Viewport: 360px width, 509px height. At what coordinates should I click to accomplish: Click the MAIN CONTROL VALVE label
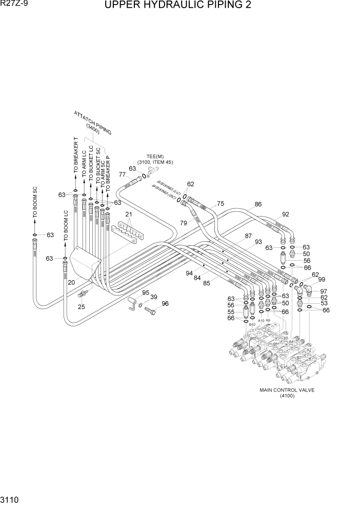coord(287,390)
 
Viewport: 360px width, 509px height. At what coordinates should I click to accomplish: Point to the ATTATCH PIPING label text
coord(93,123)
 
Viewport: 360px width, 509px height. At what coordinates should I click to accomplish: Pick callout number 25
coord(81,307)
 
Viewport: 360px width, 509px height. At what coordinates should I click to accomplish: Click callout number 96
coord(165,303)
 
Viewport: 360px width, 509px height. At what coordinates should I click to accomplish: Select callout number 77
coord(122,174)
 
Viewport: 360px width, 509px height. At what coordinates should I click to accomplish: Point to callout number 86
coord(258,204)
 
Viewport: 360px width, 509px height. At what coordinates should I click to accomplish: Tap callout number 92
coord(286,214)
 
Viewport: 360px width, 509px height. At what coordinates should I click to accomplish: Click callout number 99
coord(322,279)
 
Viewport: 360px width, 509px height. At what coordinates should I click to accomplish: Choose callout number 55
coord(231,311)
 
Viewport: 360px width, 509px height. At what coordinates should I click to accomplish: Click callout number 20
coord(71,283)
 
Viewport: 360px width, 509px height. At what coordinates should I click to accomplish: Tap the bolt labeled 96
coord(151,310)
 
